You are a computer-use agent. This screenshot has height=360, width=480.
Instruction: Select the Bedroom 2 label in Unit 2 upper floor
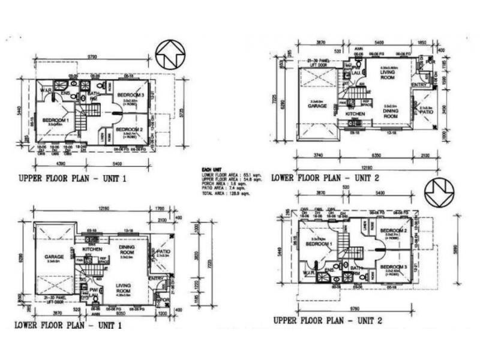pyautogui.click(x=393, y=231)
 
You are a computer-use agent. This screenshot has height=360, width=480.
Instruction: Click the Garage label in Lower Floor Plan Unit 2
pyautogui.click(x=317, y=106)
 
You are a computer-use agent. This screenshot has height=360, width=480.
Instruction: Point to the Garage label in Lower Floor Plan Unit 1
pyautogui.click(x=54, y=257)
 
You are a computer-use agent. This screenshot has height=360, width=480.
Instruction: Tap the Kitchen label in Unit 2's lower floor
pyautogui.click(x=355, y=113)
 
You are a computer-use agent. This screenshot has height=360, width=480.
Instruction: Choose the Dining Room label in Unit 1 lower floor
pyautogui.click(x=126, y=248)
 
